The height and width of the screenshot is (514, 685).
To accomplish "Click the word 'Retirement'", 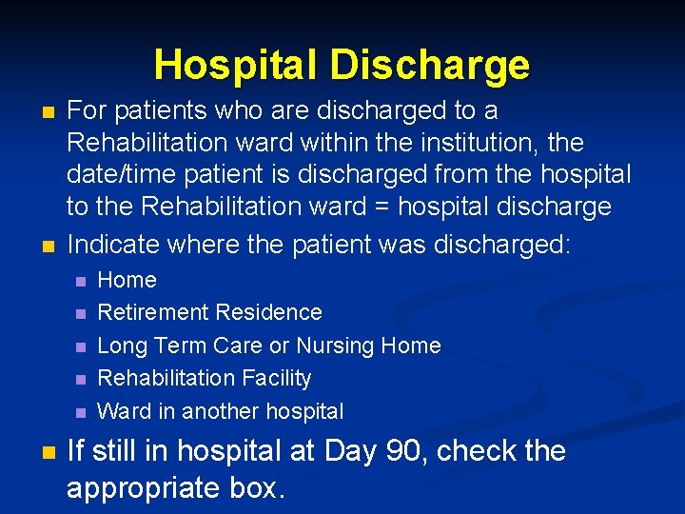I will click(152, 312).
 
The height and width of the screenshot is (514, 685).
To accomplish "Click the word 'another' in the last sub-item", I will click(222, 411).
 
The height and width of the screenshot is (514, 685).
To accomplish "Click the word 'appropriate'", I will click(147, 487).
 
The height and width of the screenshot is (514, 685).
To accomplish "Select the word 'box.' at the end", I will click(259, 487).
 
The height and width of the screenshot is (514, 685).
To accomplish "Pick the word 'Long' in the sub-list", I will click(120, 346).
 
